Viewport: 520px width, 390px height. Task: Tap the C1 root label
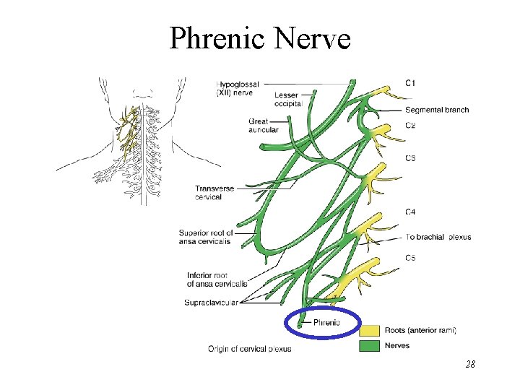pos(409,84)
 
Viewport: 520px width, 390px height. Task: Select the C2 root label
pos(409,126)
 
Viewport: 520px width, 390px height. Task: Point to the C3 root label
pos(409,158)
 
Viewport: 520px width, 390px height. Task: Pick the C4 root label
pos(409,212)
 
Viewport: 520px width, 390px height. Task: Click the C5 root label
pos(409,258)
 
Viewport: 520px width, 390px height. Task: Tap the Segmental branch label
pos(437,110)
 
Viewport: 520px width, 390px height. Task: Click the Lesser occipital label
pos(289,100)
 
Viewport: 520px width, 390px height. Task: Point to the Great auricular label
pos(258,126)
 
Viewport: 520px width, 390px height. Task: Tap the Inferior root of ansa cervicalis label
pos(217,279)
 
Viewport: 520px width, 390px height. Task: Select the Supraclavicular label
pos(211,302)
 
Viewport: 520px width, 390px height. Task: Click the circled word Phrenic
pos(326,323)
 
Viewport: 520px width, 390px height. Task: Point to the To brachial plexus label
pos(438,237)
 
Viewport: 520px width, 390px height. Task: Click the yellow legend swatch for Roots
pos(368,330)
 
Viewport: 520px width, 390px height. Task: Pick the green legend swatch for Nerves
pos(368,345)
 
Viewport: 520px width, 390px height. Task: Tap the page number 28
pos(470,365)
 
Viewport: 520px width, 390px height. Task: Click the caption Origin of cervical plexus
pos(249,349)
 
